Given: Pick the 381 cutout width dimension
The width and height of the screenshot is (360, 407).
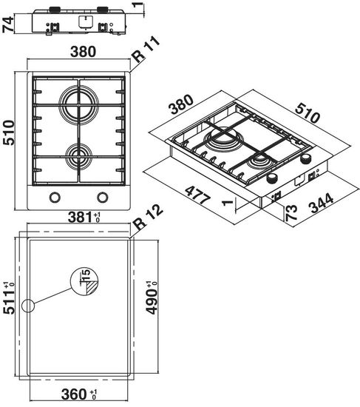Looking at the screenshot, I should pyautogui.click(x=79, y=218).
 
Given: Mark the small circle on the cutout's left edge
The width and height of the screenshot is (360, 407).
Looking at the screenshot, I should pyautogui.click(x=28, y=306).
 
